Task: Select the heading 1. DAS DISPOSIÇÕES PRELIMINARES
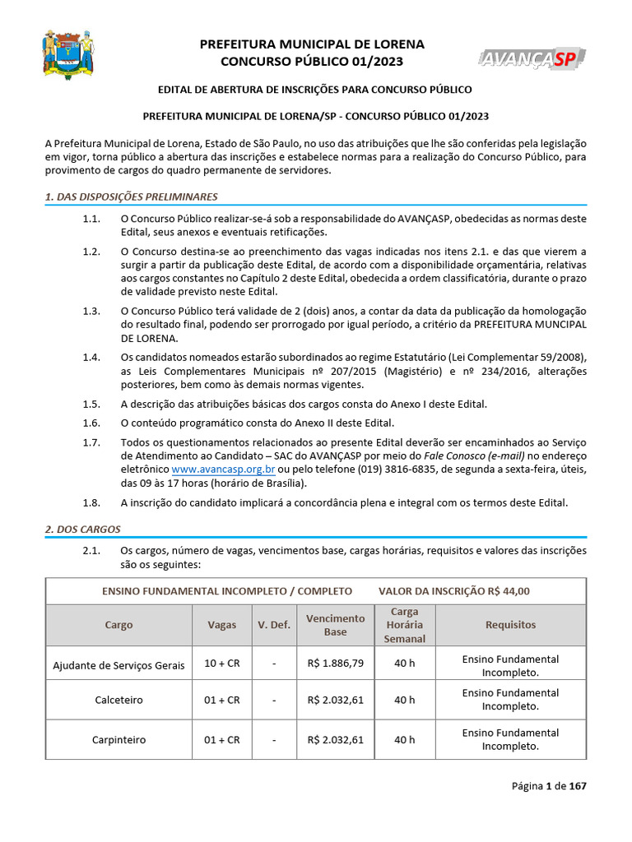(x=131, y=197)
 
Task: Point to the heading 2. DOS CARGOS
(x=82, y=530)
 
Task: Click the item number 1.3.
(x=91, y=311)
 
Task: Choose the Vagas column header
(x=221, y=625)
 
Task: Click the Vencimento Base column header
(x=335, y=625)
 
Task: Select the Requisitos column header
(x=510, y=625)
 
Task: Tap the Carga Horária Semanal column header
(x=404, y=625)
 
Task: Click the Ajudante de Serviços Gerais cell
(x=118, y=665)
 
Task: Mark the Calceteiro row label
(x=118, y=700)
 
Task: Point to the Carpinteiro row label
(x=118, y=739)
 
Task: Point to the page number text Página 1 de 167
(x=549, y=786)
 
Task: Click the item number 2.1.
(x=91, y=550)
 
